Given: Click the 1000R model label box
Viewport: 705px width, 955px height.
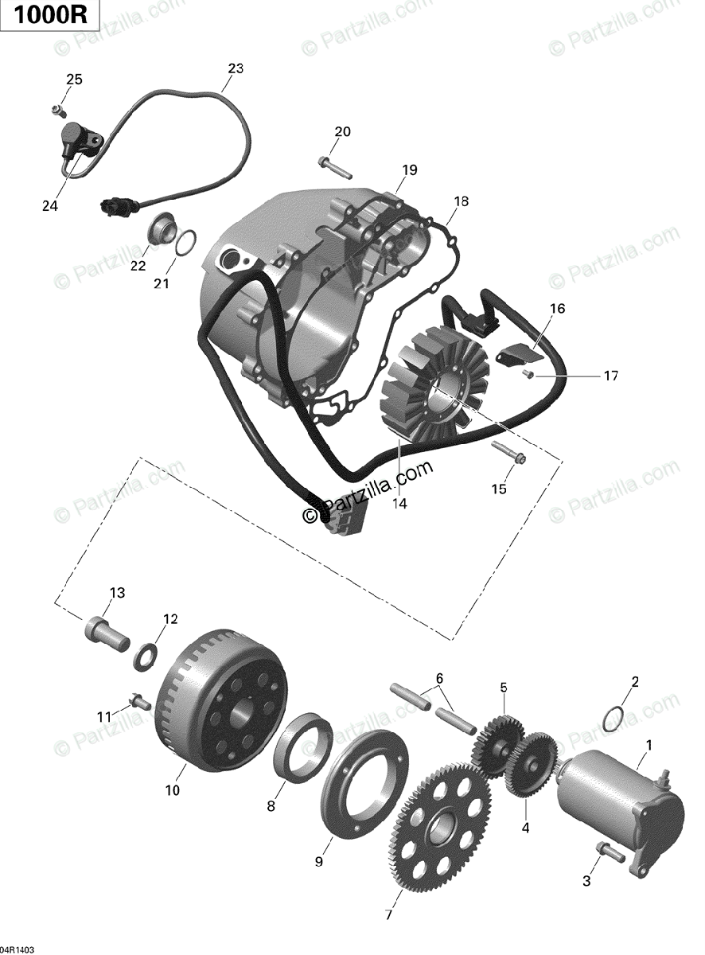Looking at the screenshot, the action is [x=50, y=16].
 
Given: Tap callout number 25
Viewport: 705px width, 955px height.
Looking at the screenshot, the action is [x=74, y=79].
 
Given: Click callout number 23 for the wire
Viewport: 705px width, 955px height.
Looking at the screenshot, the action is [x=236, y=68].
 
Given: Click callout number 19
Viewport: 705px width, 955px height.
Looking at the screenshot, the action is [x=409, y=170].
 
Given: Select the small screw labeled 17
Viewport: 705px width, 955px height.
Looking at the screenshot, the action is [x=528, y=372].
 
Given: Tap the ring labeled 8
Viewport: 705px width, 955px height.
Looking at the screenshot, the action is [x=304, y=743].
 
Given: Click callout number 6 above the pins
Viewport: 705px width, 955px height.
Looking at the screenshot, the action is [x=438, y=678].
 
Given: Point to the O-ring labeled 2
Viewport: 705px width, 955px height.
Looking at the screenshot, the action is [x=611, y=717].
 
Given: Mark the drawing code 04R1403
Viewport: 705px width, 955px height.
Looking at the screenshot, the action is [x=18, y=949].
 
